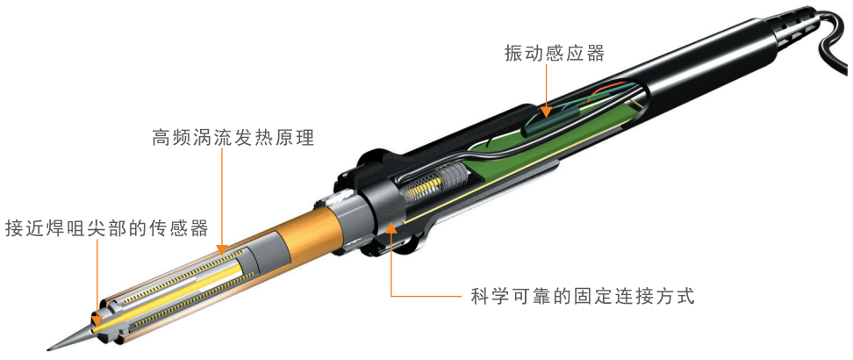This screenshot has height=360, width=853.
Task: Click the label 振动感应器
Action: tap(555, 54)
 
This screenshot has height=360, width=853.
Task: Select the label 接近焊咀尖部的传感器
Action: tap(107, 228)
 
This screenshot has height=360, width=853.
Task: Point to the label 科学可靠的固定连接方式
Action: tap(582, 298)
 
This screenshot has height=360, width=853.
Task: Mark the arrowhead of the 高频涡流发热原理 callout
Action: tap(223, 249)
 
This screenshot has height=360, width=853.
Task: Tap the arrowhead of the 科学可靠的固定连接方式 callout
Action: tap(391, 229)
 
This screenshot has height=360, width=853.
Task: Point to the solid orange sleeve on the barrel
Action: tap(305, 230)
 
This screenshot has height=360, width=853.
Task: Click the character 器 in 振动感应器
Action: tap(595, 54)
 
